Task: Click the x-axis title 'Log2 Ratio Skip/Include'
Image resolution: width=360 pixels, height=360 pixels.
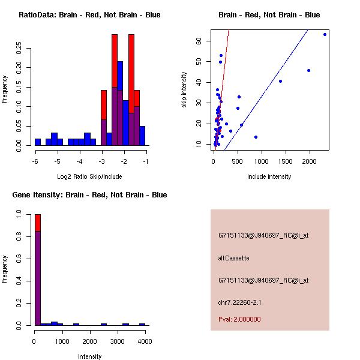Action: [x=89, y=176]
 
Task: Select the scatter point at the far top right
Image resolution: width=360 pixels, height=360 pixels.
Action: [x=325, y=34]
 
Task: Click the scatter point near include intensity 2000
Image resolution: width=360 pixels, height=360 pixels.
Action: [x=308, y=70]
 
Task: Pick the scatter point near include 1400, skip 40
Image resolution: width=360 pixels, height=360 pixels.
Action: [x=280, y=81]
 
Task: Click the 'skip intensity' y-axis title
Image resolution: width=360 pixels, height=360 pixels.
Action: [x=184, y=90]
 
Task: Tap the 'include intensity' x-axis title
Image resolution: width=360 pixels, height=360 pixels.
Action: [x=269, y=176]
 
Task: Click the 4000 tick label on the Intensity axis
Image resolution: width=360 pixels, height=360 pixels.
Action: [x=144, y=341]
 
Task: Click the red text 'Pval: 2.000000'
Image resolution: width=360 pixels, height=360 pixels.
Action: [x=239, y=319]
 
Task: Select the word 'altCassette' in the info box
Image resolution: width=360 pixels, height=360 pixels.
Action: [x=233, y=258]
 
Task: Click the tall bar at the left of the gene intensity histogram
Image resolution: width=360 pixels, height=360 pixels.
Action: [x=38, y=270]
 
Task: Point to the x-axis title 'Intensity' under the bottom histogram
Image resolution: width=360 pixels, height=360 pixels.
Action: [x=89, y=356]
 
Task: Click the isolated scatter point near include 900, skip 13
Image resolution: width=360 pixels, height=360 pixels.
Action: [x=256, y=137]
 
